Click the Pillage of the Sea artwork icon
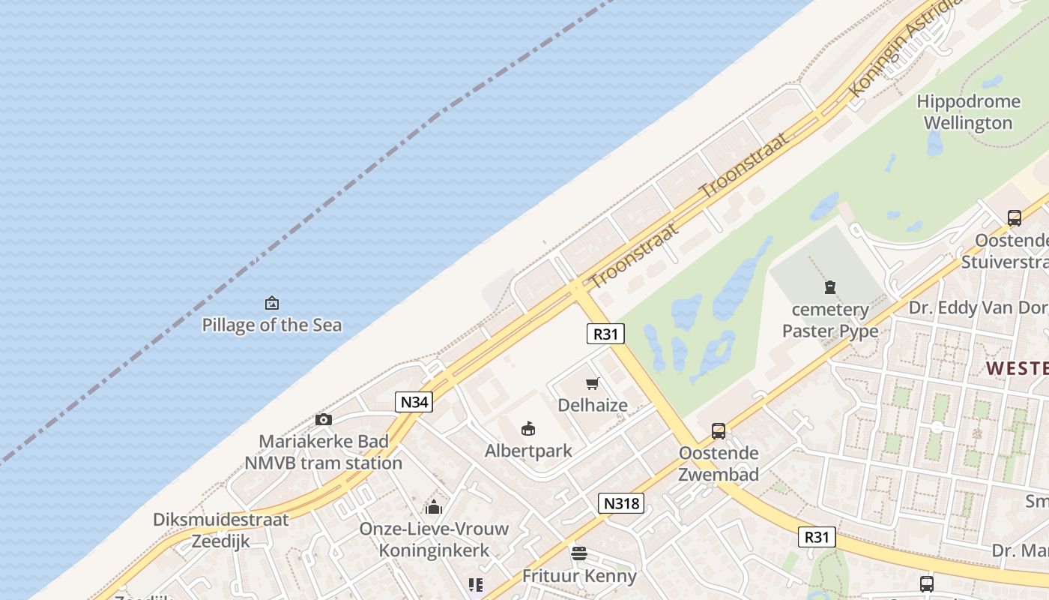272,304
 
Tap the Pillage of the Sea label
272,325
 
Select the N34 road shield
414,402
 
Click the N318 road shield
621,503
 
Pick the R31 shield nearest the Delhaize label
605,334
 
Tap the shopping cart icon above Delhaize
593,384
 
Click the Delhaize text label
593,406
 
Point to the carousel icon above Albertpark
528,429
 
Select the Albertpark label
528,451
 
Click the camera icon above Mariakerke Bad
324,420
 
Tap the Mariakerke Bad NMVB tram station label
324,451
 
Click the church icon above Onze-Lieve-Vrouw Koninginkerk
434,507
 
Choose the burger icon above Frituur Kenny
579,554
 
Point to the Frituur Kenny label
579,576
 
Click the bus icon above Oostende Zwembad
719,431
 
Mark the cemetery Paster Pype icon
830,287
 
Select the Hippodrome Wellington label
968,112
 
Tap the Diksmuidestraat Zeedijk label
221,530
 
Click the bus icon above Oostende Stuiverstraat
1015,218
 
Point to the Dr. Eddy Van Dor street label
978,307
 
